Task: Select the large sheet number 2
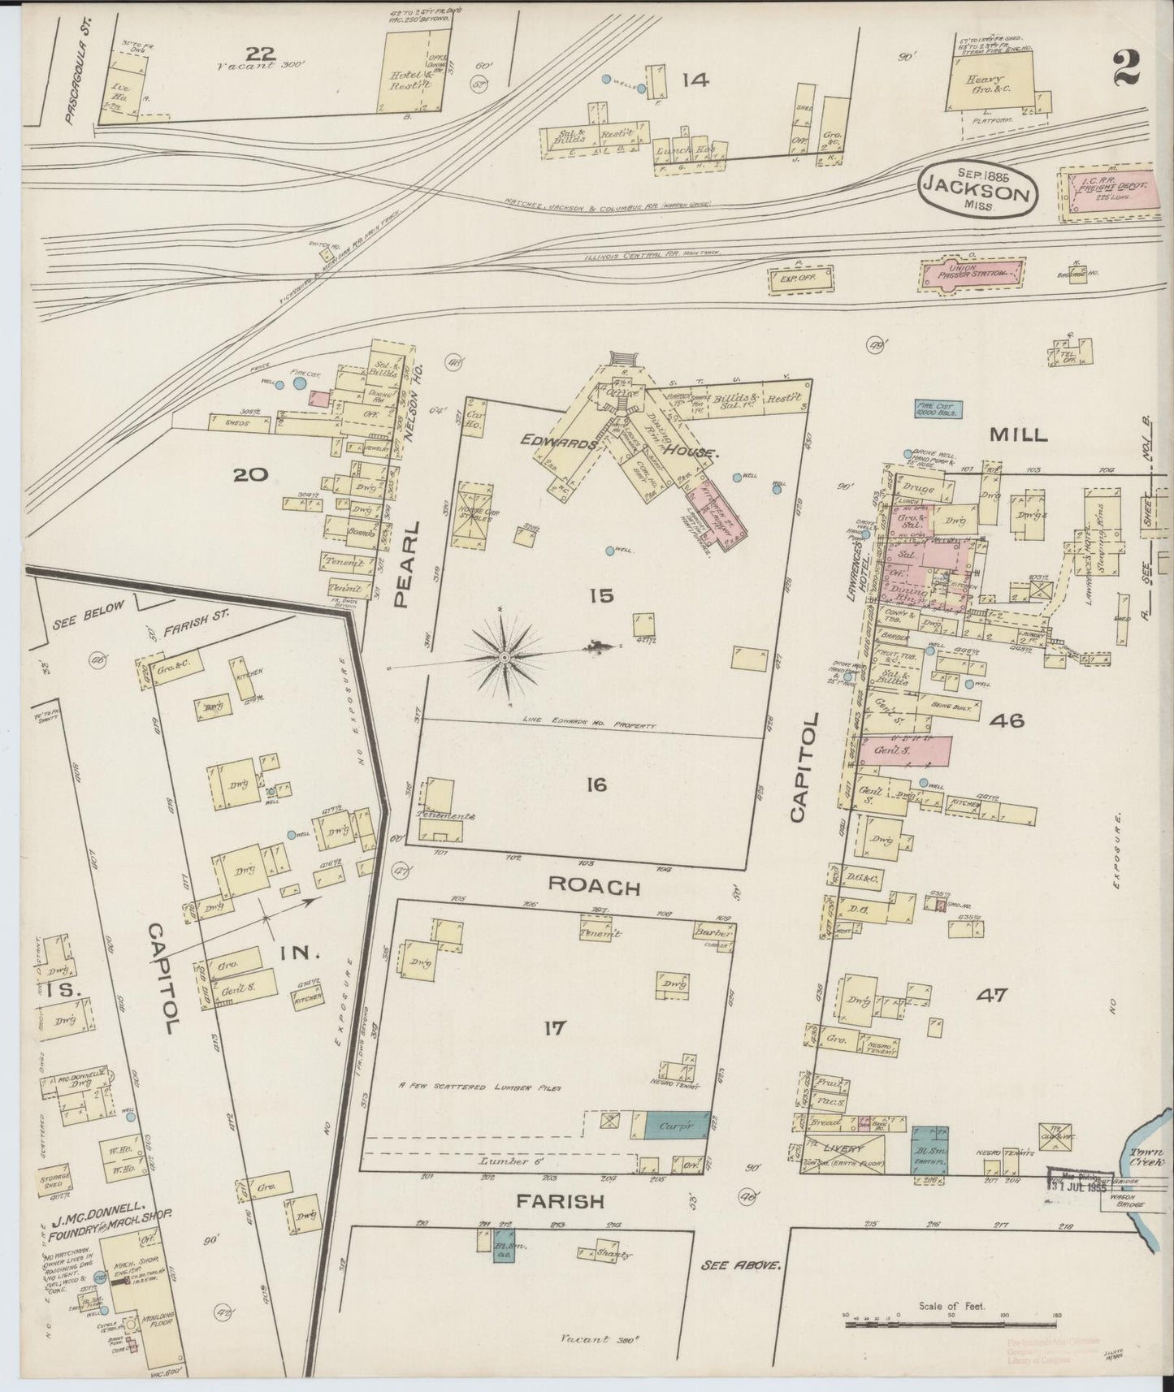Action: point(1130,67)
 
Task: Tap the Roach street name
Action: point(594,887)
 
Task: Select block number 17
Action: point(554,1029)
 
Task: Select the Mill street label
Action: point(1017,435)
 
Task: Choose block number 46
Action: point(1006,720)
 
